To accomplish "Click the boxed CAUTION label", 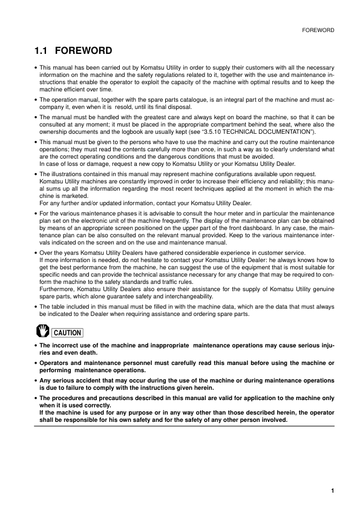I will click(67, 332).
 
